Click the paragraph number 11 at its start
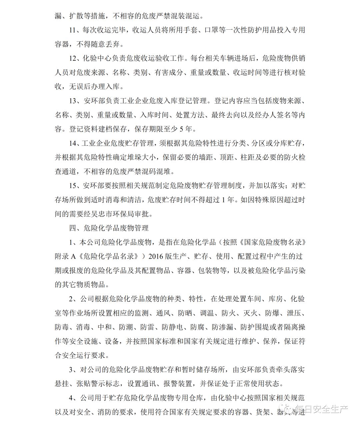click(73, 30)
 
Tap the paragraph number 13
click(73, 101)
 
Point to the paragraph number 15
click(73, 185)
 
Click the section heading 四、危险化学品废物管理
click(109, 228)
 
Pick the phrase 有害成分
click(168, 72)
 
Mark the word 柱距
click(248, 157)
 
